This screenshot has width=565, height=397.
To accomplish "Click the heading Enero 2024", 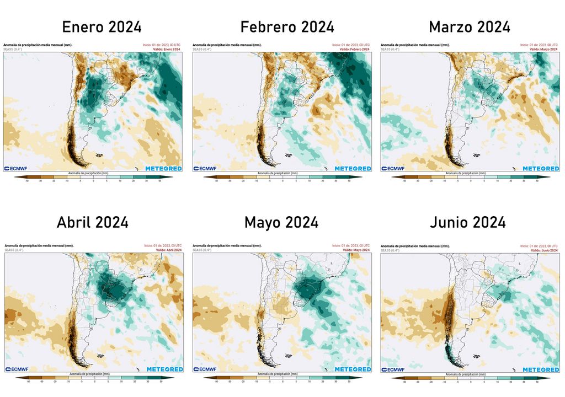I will pyautogui.click(x=102, y=27).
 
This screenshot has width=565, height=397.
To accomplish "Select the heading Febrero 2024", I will pyautogui.click(x=287, y=27).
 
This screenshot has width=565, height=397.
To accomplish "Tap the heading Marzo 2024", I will pyautogui.click(x=470, y=27).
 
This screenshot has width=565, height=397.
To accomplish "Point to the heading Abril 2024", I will pyautogui.click(x=93, y=222).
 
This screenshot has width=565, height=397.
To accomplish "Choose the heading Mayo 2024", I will pyautogui.click(x=281, y=222).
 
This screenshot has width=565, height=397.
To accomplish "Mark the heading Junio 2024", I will pyautogui.click(x=467, y=222).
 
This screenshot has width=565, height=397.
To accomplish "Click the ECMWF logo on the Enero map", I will pyautogui.click(x=16, y=168).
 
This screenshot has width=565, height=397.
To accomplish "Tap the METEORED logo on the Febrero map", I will pyautogui.click(x=352, y=168).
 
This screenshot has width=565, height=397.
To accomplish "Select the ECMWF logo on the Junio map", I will pyautogui.click(x=393, y=369).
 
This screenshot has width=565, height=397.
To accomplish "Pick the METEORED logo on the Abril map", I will pyautogui.click(x=164, y=369).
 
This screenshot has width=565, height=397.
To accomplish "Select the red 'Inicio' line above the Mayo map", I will pyautogui.click(x=351, y=245).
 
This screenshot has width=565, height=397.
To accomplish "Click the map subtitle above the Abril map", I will pyautogui.click(x=38, y=245).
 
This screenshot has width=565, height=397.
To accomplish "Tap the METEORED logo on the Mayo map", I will pyautogui.click(x=352, y=369).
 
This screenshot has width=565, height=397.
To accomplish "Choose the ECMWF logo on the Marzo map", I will pyautogui.click(x=393, y=168).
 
